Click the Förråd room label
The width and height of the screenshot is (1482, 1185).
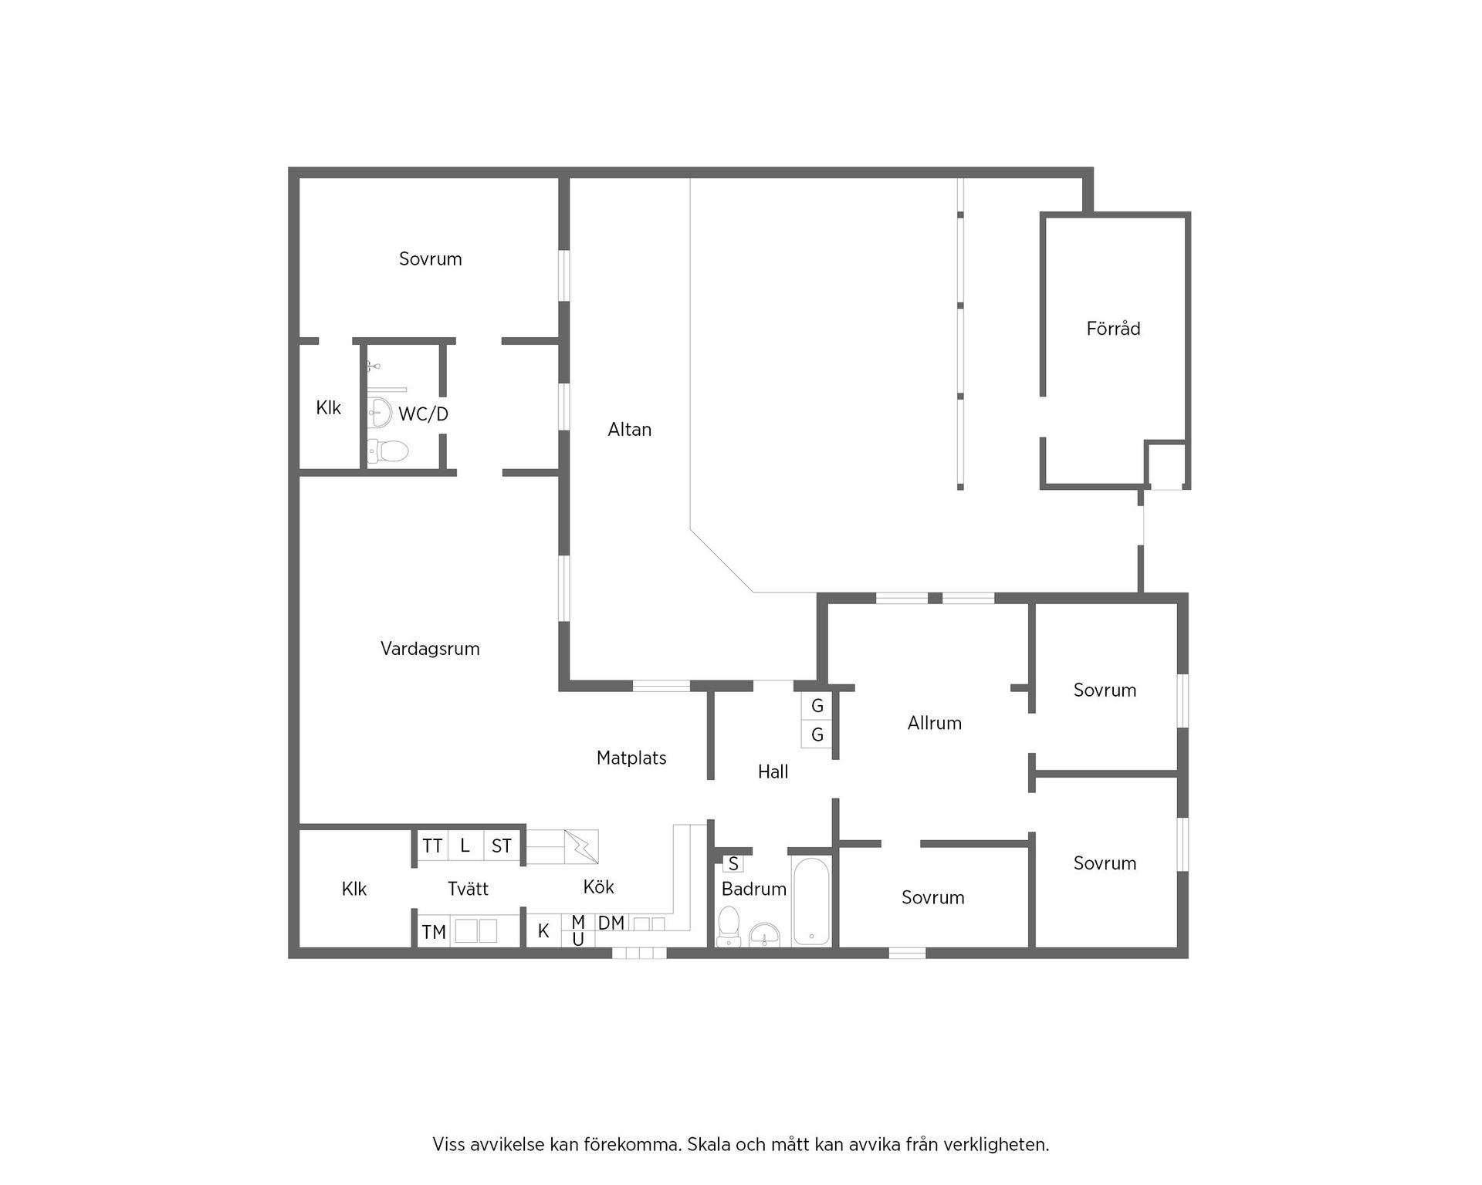coord(1113,329)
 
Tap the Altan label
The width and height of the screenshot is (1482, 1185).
coord(630,430)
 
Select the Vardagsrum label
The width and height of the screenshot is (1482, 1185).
coord(430,649)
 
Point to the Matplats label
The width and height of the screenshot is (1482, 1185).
coord(631,758)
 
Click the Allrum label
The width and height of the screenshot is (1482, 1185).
coord(935,724)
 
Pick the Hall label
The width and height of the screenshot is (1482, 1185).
coord(773,771)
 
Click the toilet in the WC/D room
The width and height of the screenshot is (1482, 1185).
coord(387,451)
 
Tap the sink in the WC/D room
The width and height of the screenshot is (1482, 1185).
coord(380,411)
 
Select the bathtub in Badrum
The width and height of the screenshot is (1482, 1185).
coord(811,901)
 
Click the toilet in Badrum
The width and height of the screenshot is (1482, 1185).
coord(729,926)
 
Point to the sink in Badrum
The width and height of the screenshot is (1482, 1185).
coord(764,934)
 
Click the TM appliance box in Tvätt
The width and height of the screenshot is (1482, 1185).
coord(434,932)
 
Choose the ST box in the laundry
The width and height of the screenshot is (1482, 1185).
coord(502,846)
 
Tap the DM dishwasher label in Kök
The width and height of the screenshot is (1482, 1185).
coord(611,923)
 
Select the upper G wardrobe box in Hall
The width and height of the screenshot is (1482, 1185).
coord(817,706)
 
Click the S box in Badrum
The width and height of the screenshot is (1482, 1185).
coord(733,863)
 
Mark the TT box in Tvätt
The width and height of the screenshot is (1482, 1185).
coord(432,846)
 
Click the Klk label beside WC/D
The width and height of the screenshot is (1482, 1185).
coord(328,408)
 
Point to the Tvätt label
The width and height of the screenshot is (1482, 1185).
coord(468,889)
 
